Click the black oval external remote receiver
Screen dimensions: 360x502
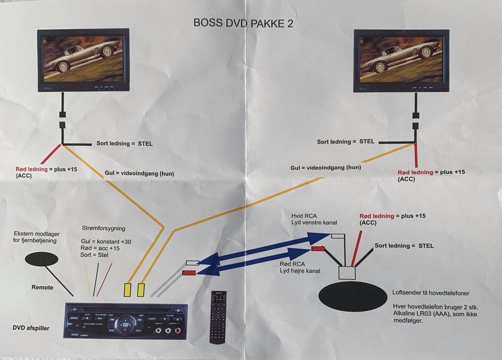[41, 258]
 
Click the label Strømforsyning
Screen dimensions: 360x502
[104, 228]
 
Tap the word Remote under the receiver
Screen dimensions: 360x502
[42, 287]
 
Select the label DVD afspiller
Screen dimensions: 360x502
[31, 328]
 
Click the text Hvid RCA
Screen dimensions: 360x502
[304, 215]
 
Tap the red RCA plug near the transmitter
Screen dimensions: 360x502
[318, 249]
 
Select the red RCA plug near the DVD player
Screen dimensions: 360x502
[189, 273]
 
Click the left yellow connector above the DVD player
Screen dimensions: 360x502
[128, 289]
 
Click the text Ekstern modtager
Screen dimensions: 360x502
[37, 234]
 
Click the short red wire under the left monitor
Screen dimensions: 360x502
[52, 154]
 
